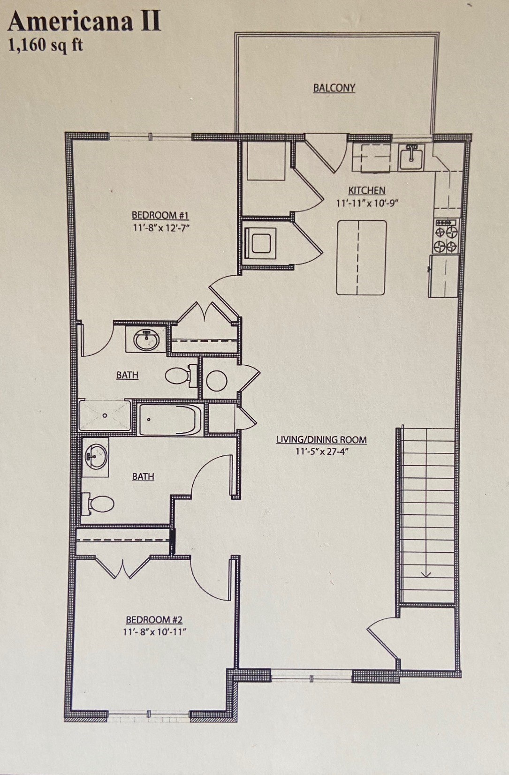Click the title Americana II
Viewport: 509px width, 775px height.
click(x=84, y=22)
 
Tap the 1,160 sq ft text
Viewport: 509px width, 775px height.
click(x=46, y=45)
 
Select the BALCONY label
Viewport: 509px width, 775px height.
click(x=334, y=88)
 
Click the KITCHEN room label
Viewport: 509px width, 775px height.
click(x=367, y=190)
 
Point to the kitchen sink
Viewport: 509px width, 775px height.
click(x=411, y=157)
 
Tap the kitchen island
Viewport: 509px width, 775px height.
click(x=361, y=257)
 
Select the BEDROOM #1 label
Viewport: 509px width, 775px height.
click(x=160, y=215)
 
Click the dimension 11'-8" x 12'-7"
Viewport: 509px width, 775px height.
click(x=161, y=228)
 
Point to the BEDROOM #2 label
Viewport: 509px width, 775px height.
click(x=154, y=619)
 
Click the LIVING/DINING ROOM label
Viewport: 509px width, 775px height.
click(x=321, y=439)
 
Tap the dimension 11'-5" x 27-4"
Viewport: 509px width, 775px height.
click(x=322, y=451)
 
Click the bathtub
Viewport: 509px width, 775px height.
click(x=170, y=419)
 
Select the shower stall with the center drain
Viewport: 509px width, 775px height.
click(x=105, y=415)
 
